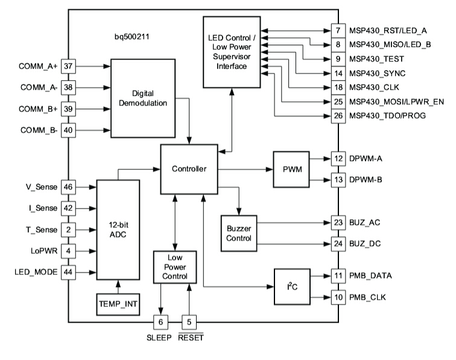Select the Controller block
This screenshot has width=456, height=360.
[188, 169]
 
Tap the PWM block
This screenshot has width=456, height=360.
[293, 169]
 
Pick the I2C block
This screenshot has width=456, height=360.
[292, 286]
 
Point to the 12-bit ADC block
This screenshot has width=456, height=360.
[118, 229]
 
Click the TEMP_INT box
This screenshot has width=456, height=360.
[118, 305]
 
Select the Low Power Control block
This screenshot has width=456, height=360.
[175, 266]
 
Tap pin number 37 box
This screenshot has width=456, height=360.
[68, 65]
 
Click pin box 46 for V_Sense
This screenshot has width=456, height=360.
[68, 187]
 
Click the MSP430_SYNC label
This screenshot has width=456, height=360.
[377, 73]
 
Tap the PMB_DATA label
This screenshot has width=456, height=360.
[371, 276]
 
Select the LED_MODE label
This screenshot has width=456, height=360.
[36, 272]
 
